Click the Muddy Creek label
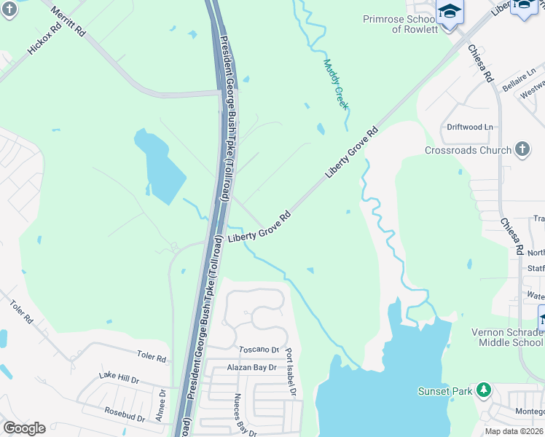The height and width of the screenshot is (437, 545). tap(336, 84)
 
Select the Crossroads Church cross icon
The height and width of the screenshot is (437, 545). tap(521, 150)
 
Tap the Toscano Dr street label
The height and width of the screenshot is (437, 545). tap(259, 350)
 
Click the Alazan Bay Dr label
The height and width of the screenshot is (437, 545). tap(251, 368)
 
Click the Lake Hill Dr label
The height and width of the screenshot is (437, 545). tap(119, 378)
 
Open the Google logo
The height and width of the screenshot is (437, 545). tap(24, 428)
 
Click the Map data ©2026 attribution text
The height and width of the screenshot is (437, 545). tap(514, 431)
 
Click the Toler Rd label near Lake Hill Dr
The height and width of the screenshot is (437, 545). tap(152, 358)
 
